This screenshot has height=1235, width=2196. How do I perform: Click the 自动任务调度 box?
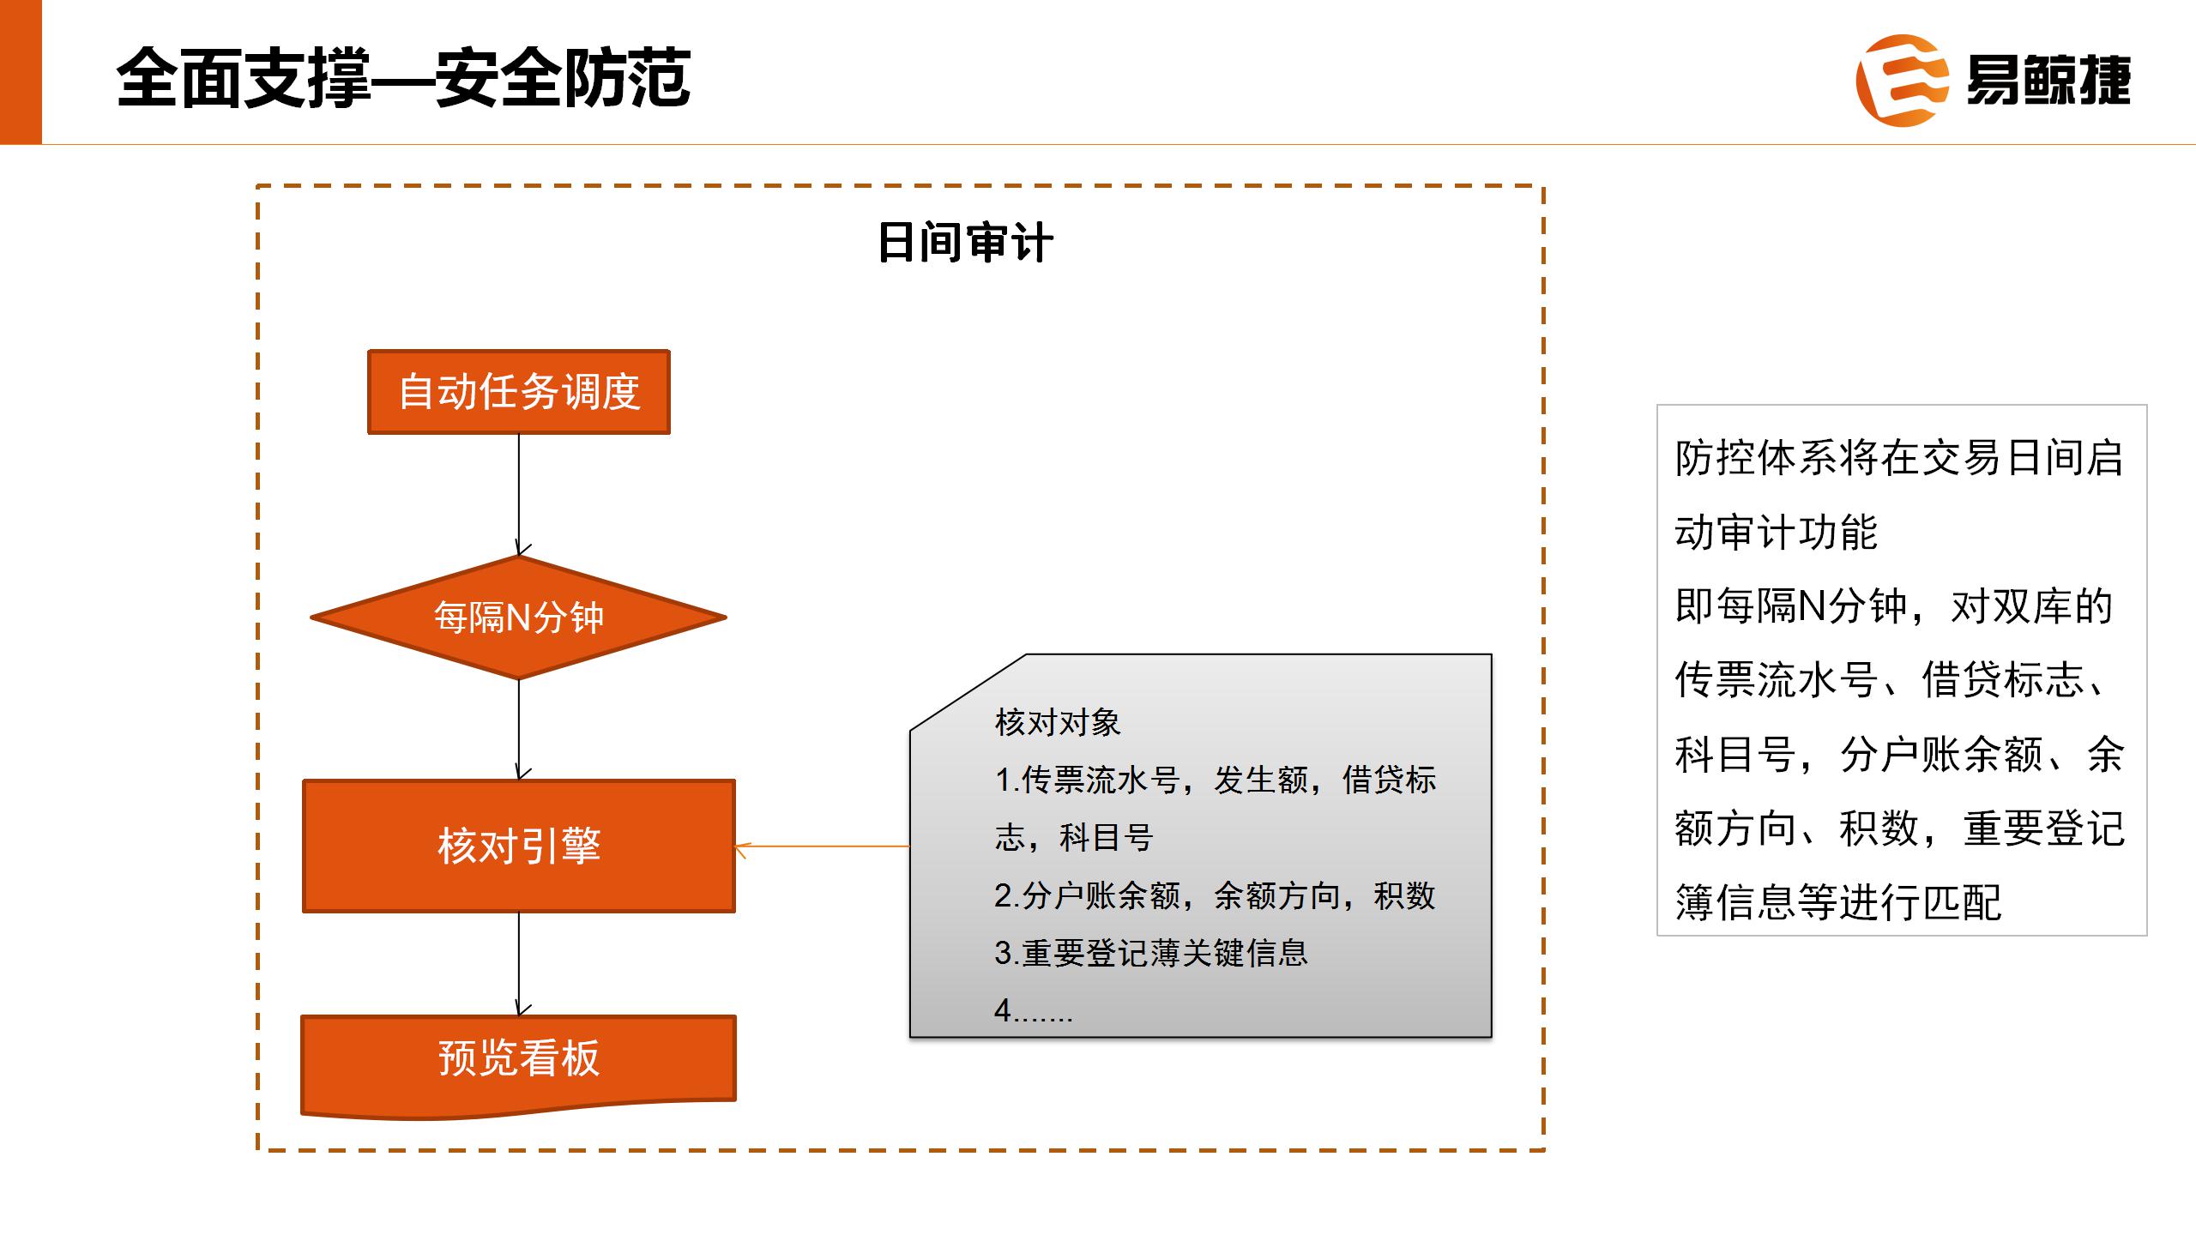pos(519,392)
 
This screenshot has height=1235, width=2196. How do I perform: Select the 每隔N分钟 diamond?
pos(518,617)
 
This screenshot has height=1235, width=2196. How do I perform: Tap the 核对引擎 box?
pos(519,846)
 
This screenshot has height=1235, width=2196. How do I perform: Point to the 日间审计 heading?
pos(965,243)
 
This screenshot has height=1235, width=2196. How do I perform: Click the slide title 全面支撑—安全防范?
pos(403,79)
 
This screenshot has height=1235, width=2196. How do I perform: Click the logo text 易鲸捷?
pos(2048,81)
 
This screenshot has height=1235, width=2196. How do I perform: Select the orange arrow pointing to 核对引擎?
pos(822,847)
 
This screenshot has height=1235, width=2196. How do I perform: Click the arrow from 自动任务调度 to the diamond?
pos(519,495)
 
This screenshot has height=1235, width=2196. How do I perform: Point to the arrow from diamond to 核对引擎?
pos(519,730)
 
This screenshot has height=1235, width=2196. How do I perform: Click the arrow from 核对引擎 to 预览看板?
pos(519,965)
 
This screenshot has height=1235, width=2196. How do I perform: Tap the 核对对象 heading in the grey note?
pos(1058,723)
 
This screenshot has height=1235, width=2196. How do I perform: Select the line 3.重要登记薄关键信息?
pos(1151,953)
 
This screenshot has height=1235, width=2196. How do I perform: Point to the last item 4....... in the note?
pos(1034,1010)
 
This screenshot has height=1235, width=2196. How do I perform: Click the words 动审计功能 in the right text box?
pos(1776,532)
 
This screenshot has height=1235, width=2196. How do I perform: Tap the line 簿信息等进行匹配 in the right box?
pos(1838,902)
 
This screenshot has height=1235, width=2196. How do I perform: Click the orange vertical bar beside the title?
pos(21,72)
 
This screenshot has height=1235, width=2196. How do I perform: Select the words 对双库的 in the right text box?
pos(2031,606)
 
